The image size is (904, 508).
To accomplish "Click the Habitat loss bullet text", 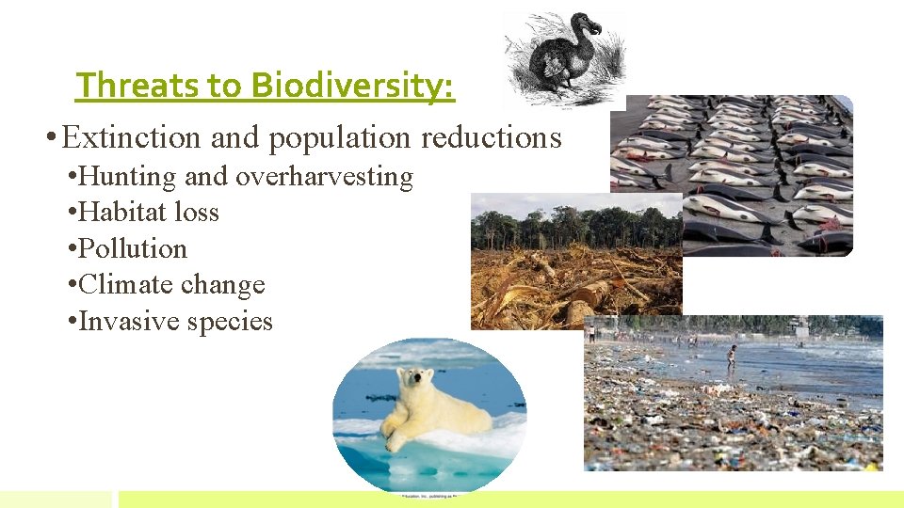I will (x=149, y=213).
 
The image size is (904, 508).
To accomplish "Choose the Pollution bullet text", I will (x=133, y=248).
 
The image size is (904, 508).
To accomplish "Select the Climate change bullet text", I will (x=171, y=284).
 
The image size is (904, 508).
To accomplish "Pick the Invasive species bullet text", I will (x=175, y=321).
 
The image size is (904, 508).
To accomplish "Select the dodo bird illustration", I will (x=563, y=58).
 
